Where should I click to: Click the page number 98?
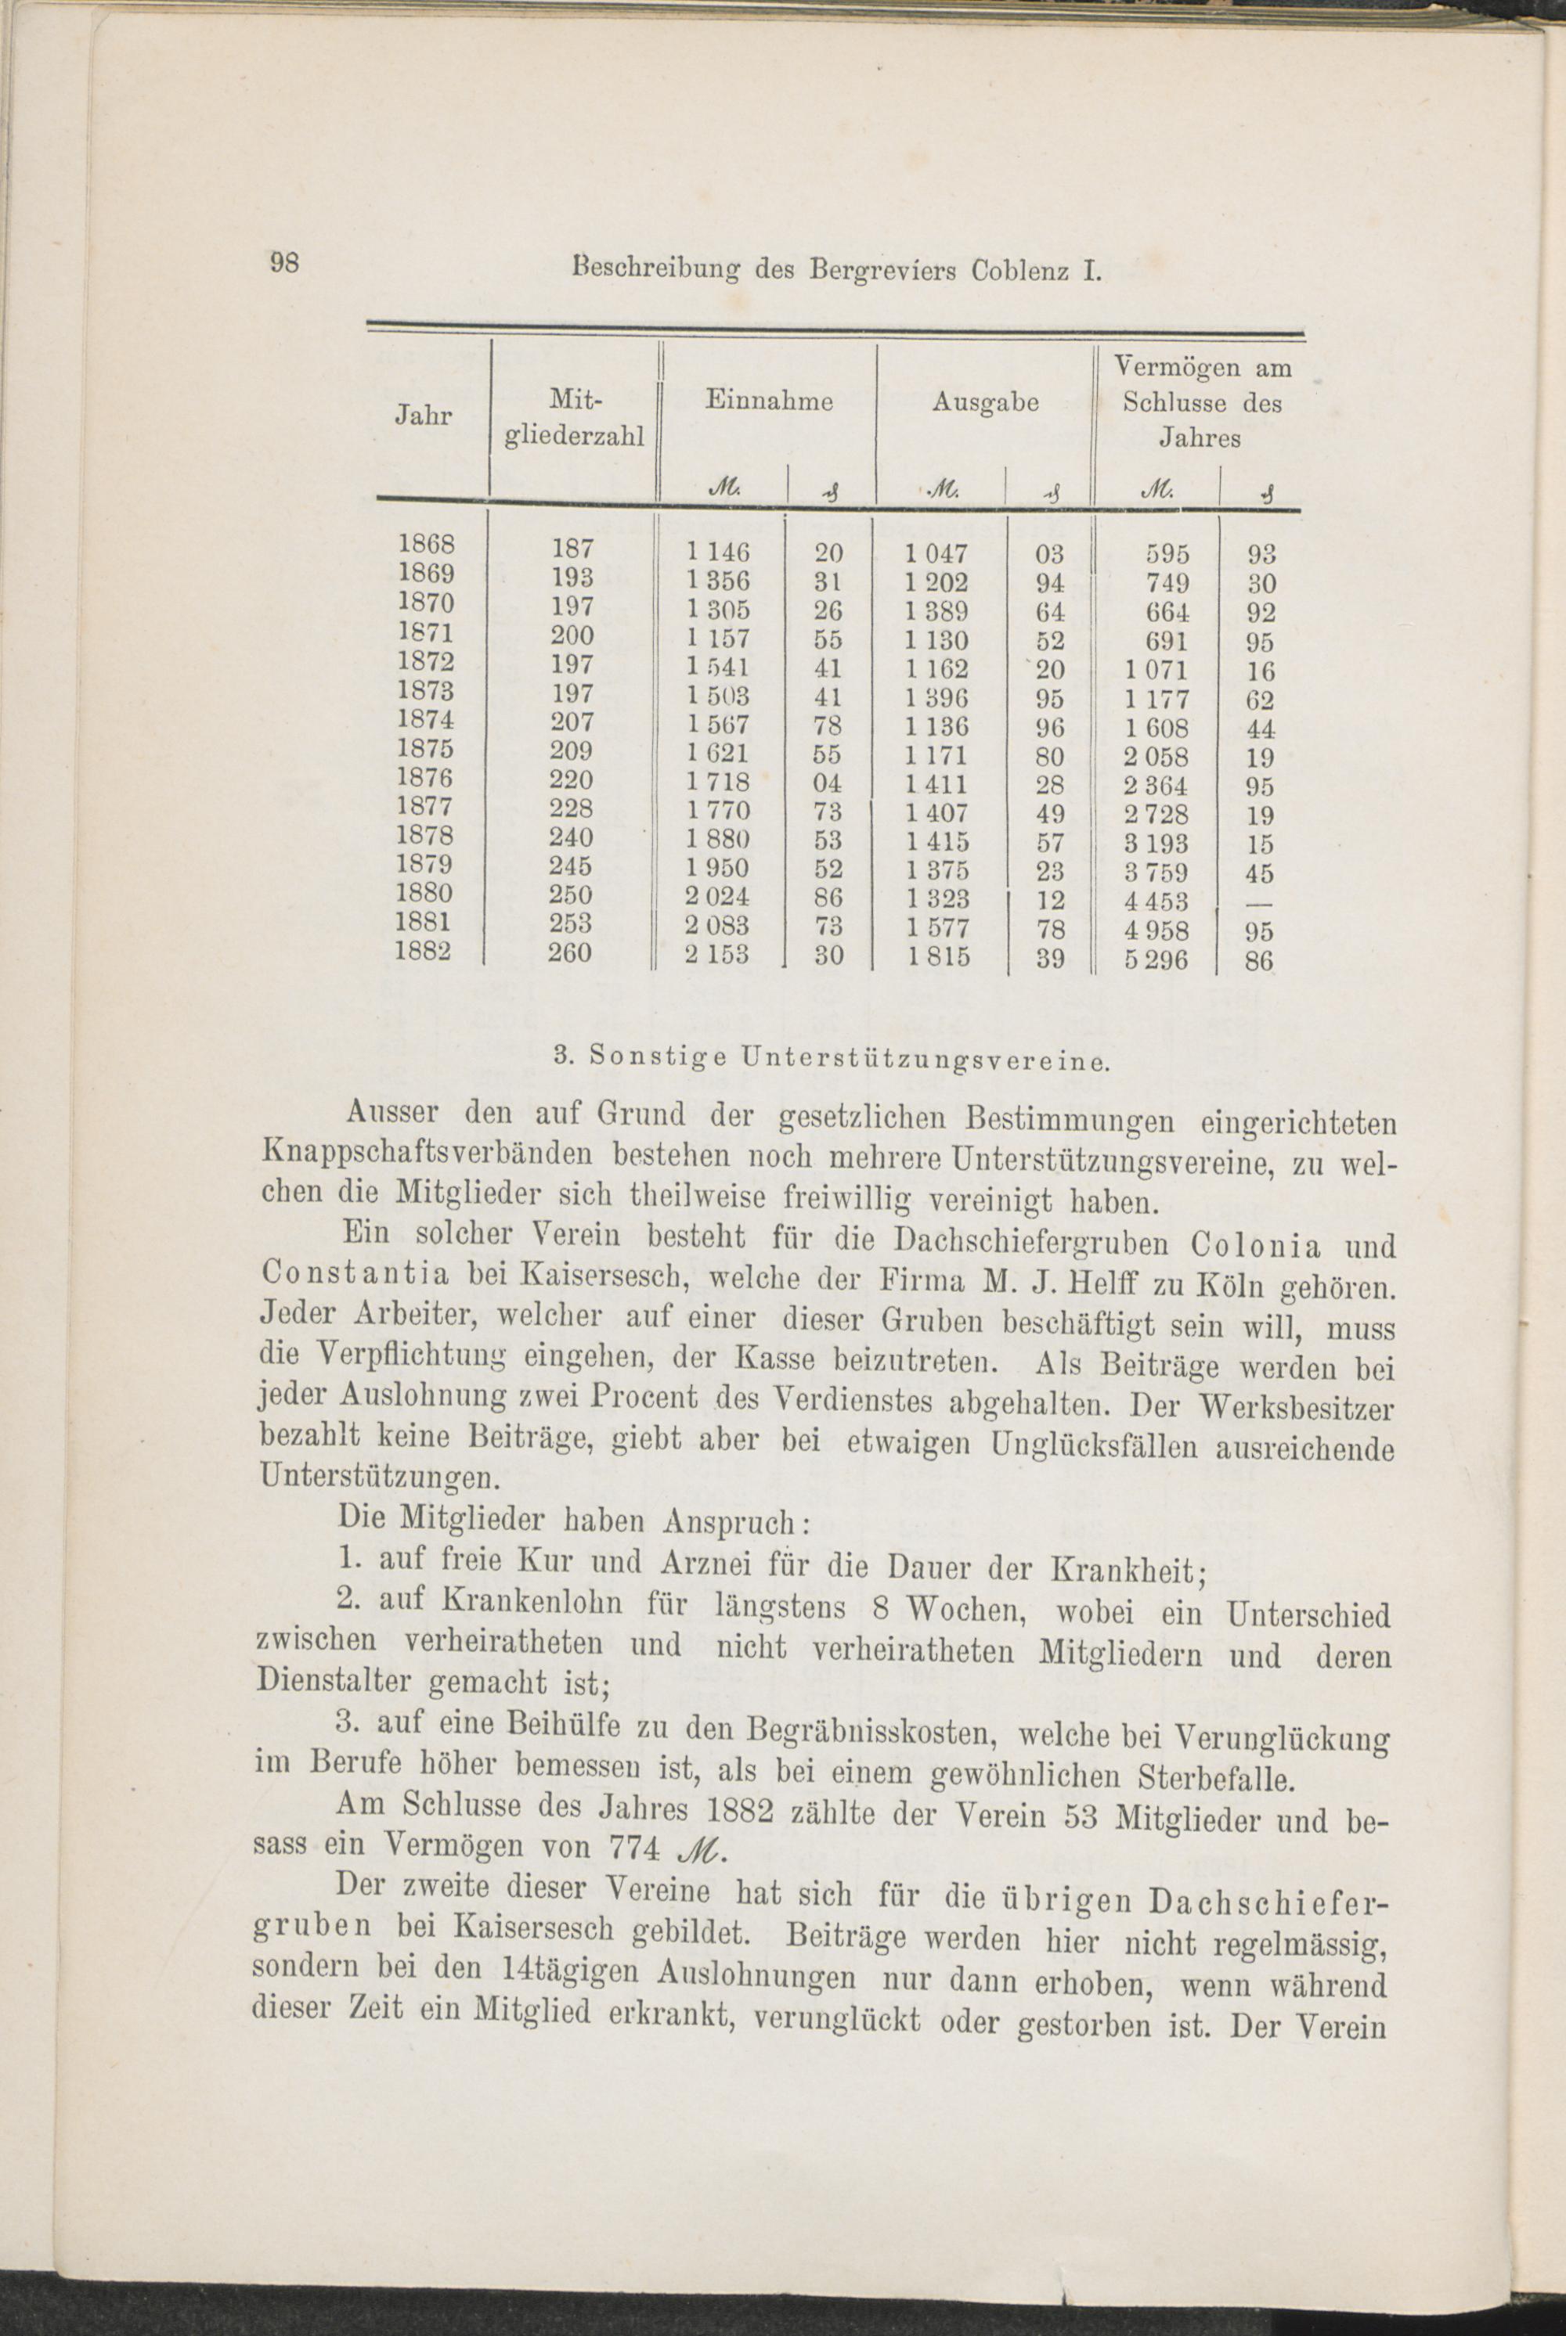286,262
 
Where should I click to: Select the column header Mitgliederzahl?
573,419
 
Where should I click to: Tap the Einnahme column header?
769,401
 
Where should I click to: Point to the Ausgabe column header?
985,402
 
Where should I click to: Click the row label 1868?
427,545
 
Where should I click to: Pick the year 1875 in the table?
427,749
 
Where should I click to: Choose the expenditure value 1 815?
938,956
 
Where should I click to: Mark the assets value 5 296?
1156,960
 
